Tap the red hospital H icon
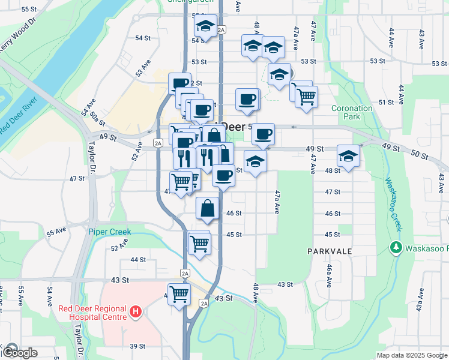[136, 312]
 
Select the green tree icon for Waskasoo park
[396, 247]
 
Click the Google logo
[20, 352]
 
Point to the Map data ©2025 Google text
[411, 355]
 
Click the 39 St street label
[138, 346]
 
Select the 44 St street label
[138, 259]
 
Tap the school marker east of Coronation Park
[348, 156]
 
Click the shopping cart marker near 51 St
[306, 95]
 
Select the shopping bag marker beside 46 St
[207, 209]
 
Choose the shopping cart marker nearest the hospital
[179, 295]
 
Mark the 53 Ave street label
[143, 68]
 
